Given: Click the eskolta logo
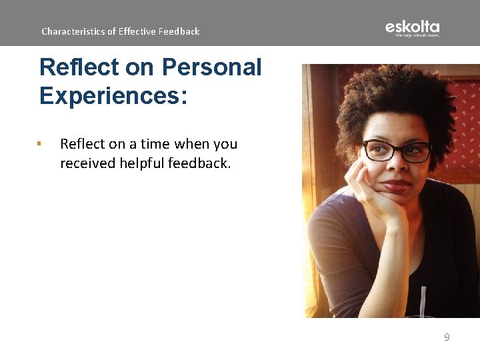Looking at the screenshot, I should tap(412, 27).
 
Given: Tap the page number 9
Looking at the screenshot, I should tap(447, 337).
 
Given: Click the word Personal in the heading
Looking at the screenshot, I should tap(212, 67).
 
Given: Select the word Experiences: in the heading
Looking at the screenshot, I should tap(113, 95).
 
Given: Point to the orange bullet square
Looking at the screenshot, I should tap(40, 143).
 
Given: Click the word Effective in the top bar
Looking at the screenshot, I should tap(137, 31).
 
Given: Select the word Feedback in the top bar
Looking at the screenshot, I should tap(179, 31).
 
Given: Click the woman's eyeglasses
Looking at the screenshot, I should tap(397, 151).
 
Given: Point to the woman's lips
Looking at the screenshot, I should tap(396, 185).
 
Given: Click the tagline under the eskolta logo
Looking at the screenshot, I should tap(417, 35).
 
